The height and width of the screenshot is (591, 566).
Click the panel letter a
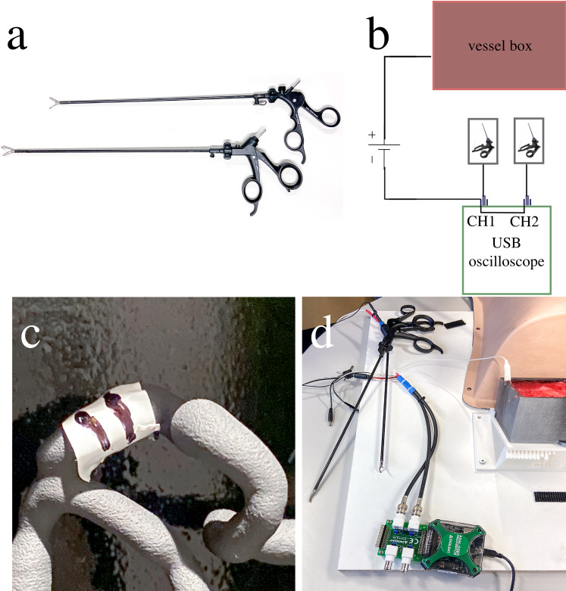coord(17,36)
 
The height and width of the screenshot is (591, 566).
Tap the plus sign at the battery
coord(372,136)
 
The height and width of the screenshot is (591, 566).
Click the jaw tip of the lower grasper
coord(7,147)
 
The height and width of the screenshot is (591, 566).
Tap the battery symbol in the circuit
coord(384,152)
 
